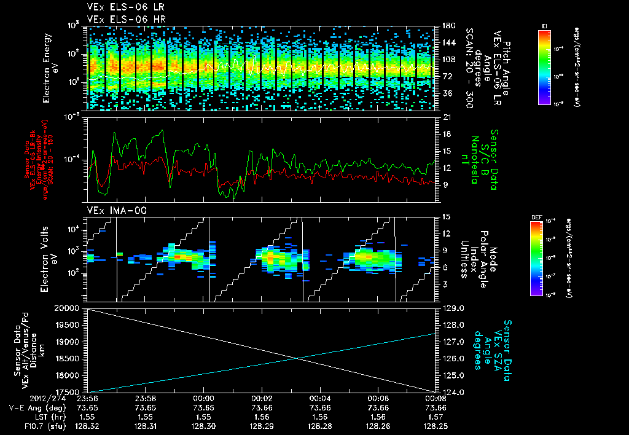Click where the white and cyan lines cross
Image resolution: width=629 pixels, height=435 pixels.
pyautogui.click(x=297, y=358)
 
